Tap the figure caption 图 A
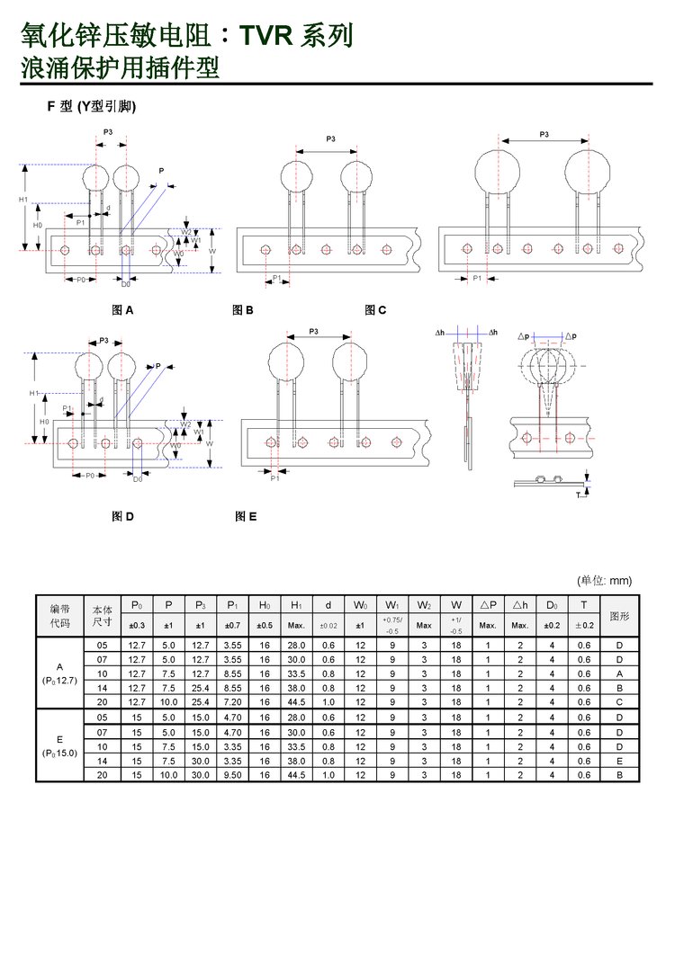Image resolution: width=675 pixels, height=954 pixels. click(122, 310)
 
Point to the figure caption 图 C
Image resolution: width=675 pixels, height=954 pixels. click(375, 310)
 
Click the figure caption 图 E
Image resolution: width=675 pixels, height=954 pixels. click(246, 516)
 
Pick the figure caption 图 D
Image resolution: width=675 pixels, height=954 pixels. click(122, 516)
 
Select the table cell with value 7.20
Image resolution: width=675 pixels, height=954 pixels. click(231, 701)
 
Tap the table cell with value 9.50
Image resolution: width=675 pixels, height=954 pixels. click(231, 774)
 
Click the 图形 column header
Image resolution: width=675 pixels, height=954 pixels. click(619, 617)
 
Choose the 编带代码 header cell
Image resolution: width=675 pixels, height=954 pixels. click(59, 617)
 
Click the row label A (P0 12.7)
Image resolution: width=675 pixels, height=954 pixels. click(59, 673)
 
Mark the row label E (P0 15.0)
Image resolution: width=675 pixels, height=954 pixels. click(59, 745)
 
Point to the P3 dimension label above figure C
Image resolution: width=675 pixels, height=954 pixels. click(544, 134)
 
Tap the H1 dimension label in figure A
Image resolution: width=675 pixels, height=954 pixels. click(24, 200)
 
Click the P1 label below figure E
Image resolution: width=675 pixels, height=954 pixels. click(274, 478)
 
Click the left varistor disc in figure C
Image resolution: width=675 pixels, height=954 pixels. click(499, 171)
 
